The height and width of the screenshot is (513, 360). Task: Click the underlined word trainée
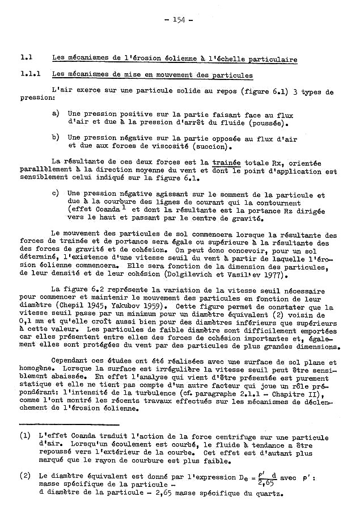click(226, 163)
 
